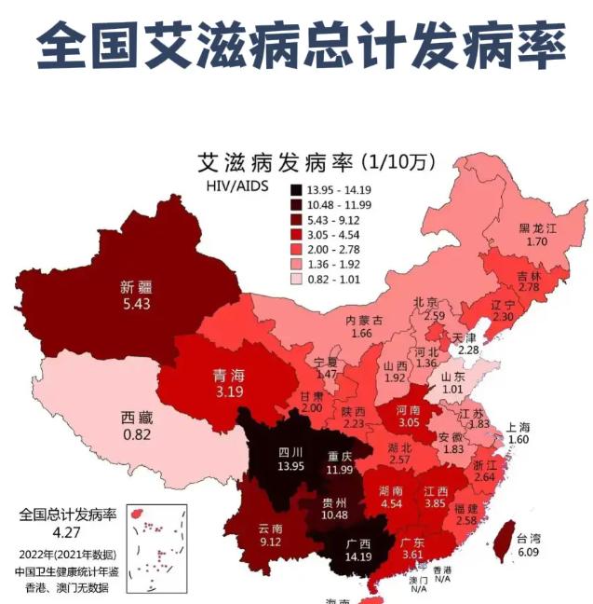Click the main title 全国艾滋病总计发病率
[296, 45]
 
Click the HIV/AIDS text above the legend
[236, 186]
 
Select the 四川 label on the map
[290, 452]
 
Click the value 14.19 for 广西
[357, 557]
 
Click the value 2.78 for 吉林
[529, 288]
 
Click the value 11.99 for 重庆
[339, 469]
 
